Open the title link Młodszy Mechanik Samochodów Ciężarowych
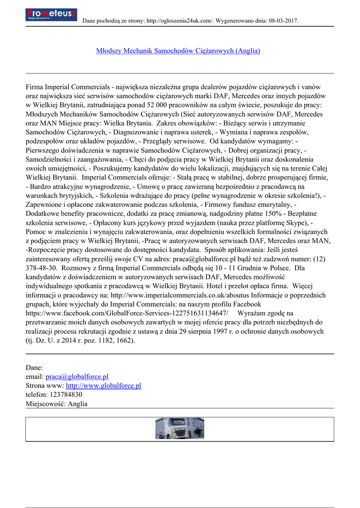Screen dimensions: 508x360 [x=178, y=51]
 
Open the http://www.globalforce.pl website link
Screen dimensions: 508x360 [x=103, y=385]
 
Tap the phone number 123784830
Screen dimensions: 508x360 [x=66, y=394]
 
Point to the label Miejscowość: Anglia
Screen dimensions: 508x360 [x=56, y=403]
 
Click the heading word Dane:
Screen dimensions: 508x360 [x=34, y=368]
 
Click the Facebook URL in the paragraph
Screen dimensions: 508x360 [x=127, y=314]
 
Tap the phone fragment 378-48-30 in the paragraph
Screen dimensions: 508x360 [x=40, y=268]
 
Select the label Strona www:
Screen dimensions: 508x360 [x=45, y=385]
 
